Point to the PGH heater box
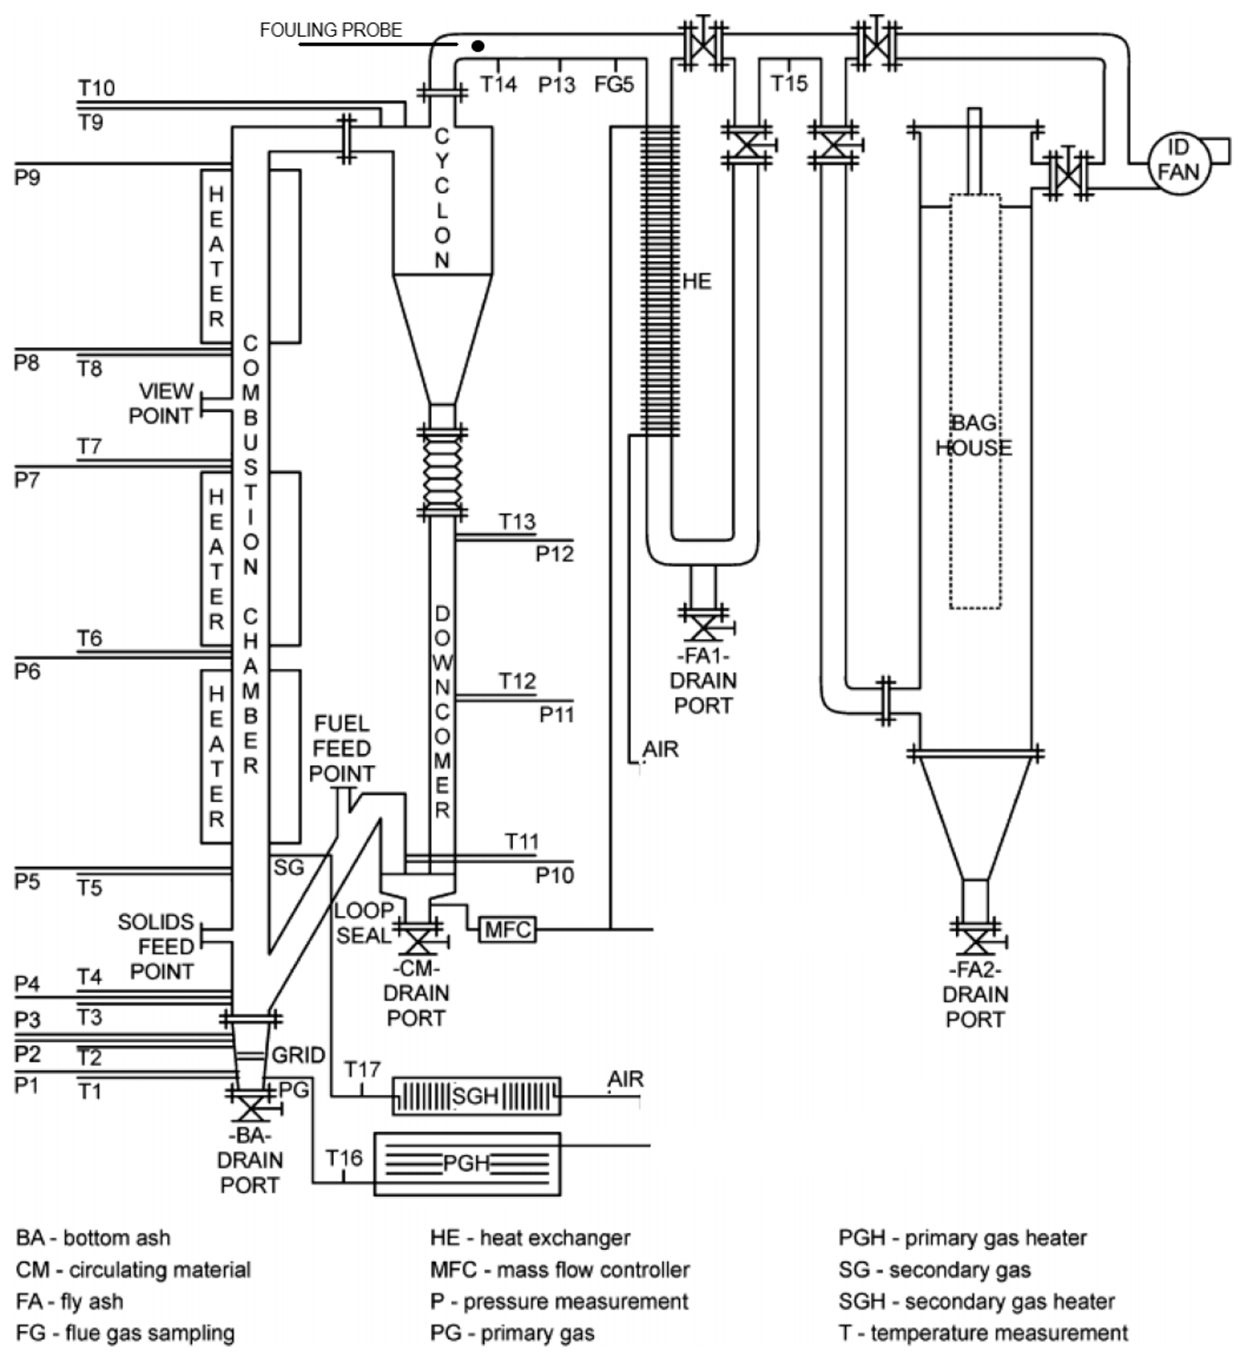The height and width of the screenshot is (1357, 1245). click(x=467, y=1164)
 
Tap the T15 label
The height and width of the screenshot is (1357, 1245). click(x=788, y=83)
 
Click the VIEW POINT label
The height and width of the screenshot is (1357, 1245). click(x=163, y=404)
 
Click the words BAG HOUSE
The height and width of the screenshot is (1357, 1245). click(x=974, y=435)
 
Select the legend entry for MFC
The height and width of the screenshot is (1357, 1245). click(x=559, y=1270)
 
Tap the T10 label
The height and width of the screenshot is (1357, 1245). click(x=96, y=87)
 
